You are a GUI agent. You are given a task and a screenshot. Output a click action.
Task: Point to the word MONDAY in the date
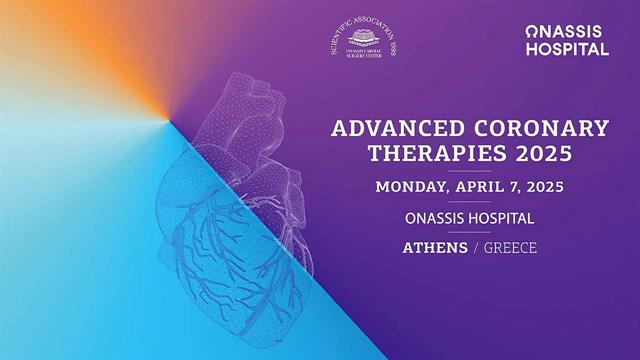(412, 187)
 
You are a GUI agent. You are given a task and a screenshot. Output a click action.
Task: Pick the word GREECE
(510, 247)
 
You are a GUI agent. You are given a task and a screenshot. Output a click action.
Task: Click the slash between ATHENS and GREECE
(476, 247)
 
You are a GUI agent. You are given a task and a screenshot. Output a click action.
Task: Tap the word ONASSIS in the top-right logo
(566, 32)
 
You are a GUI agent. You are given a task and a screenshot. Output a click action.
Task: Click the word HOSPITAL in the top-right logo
(567, 49)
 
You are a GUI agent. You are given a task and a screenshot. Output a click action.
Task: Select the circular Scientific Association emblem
(364, 40)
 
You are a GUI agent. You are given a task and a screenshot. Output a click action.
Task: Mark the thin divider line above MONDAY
(470, 171)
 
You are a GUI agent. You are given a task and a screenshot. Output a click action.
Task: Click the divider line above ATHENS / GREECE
(470, 232)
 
